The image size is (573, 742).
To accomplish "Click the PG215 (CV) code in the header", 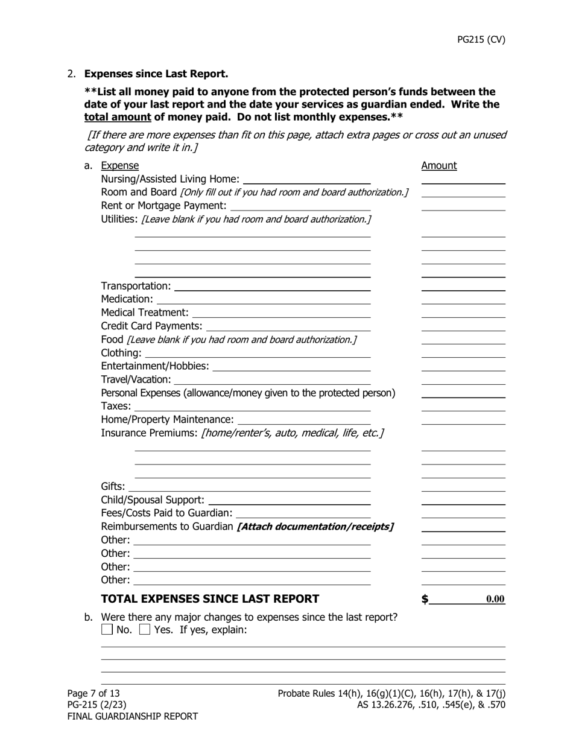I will (x=481, y=40).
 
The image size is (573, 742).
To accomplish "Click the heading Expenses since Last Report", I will (x=156, y=74).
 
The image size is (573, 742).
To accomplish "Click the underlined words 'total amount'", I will (x=118, y=117).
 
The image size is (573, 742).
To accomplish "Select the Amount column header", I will (x=438, y=166).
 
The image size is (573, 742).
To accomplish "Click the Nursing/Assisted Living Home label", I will (x=170, y=179).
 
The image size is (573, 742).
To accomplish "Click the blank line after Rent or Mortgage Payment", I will (x=300, y=206).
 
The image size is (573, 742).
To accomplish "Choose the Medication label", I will (x=127, y=299).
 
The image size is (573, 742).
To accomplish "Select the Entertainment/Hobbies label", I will (x=155, y=366).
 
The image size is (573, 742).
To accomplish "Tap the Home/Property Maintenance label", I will (x=167, y=420).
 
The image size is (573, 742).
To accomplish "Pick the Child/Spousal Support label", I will (x=153, y=500).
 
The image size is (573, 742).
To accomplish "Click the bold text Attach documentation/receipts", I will (x=315, y=527).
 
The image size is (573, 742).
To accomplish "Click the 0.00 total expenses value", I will (x=495, y=600).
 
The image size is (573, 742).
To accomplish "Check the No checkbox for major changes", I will (x=107, y=630).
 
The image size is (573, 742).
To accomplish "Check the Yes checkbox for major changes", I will (x=145, y=630).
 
